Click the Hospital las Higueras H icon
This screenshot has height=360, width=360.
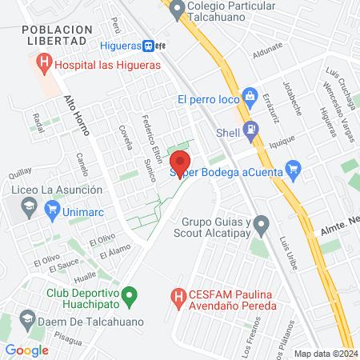44,62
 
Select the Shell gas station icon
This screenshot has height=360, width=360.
251,128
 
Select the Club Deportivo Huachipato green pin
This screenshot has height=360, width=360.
134,298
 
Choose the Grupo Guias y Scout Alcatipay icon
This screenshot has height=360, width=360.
261,223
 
